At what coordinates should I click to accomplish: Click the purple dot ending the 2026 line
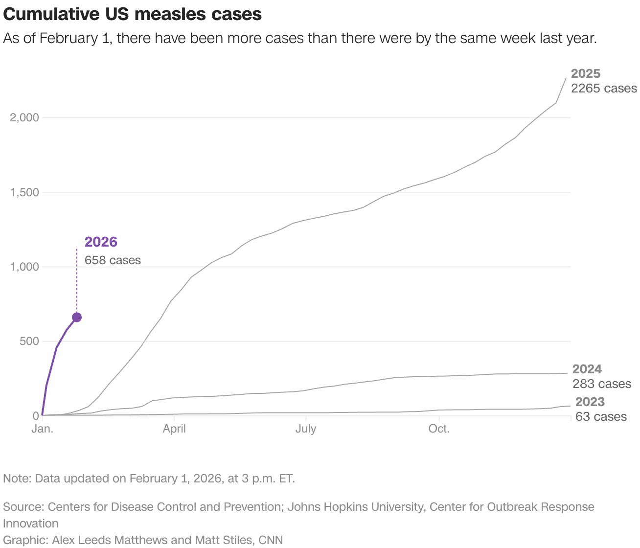click(77, 318)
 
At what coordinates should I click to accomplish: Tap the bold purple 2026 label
click(101, 242)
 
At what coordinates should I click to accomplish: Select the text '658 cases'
click(113, 260)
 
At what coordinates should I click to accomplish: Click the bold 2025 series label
click(586, 73)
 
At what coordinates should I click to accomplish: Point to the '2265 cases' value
click(604, 89)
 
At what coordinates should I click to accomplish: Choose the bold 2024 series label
click(587, 369)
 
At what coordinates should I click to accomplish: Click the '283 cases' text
click(602, 384)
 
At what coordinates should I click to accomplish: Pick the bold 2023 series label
click(590, 402)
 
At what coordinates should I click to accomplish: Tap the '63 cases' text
click(601, 417)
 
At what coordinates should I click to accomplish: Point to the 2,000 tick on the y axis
click(24, 118)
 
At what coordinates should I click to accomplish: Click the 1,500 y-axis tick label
click(24, 192)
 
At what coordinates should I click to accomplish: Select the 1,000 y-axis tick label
click(24, 267)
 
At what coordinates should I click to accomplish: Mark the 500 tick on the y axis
click(29, 341)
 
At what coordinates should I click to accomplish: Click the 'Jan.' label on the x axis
click(43, 429)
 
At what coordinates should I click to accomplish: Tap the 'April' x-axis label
click(174, 429)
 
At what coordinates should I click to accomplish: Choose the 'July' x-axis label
click(306, 429)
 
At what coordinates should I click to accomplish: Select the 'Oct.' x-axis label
click(439, 429)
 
